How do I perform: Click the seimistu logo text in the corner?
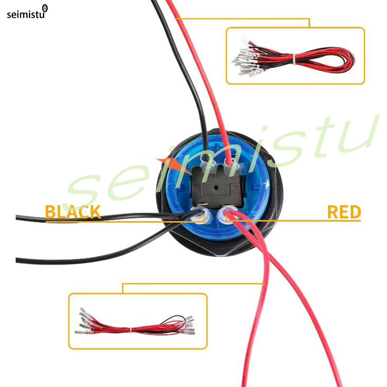pos(26,15)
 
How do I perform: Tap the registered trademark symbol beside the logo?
pos(45,8)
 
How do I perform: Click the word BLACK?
pos(73,212)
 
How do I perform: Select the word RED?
pos(344,212)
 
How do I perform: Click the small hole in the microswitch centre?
pos(216,188)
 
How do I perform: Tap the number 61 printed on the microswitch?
pos(215,175)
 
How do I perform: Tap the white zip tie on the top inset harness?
pos(294,59)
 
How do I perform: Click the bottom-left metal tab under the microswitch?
pos(202,204)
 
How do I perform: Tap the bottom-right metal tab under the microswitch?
pos(226,205)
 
